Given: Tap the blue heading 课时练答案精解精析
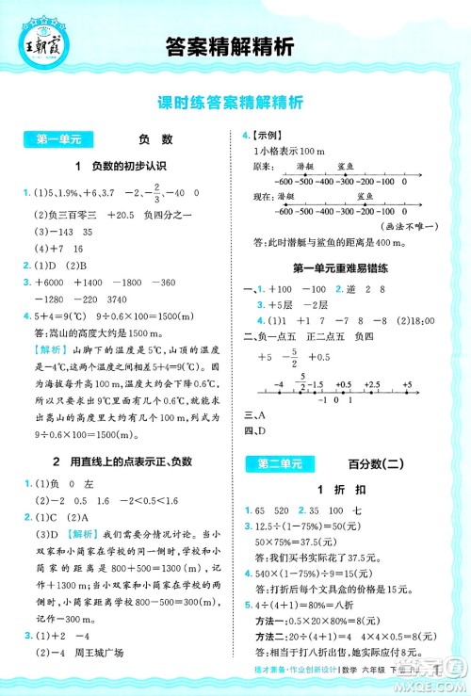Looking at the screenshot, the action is pyautogui.click(x=235, y=104).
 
